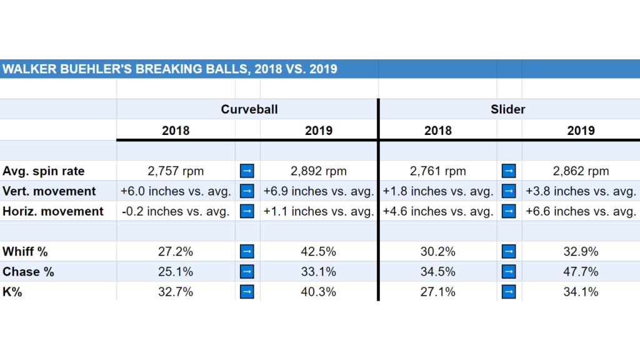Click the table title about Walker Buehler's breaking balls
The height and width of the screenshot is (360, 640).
(169, 69)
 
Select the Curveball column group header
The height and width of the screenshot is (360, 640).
(249, 109)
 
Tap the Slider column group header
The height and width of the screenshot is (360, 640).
(507, 109)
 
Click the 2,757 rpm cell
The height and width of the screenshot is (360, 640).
(176, 171)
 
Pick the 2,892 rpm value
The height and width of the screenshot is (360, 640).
(319, 171)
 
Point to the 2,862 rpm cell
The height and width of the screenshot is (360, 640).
(581, 171)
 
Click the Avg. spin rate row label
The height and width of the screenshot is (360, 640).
(44, 171)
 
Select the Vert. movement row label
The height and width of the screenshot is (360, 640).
(49, 191)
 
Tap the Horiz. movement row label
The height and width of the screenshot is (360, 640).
(53, 211)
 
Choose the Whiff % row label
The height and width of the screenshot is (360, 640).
(26, 252)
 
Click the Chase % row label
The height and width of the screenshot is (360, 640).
(29, 272)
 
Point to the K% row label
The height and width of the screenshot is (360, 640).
(12, 292)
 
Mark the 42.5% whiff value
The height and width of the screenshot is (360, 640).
(319, 252)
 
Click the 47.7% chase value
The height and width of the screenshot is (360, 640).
(581, 272)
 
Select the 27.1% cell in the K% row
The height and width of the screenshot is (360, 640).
(437, 292)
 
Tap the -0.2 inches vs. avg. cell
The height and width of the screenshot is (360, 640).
(176, 211)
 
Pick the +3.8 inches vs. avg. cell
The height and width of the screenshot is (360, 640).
(581, 191)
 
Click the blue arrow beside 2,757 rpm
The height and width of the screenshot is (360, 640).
(247, 171)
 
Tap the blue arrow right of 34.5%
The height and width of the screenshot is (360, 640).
(509, 272)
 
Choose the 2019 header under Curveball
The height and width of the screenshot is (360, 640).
(319, 131)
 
